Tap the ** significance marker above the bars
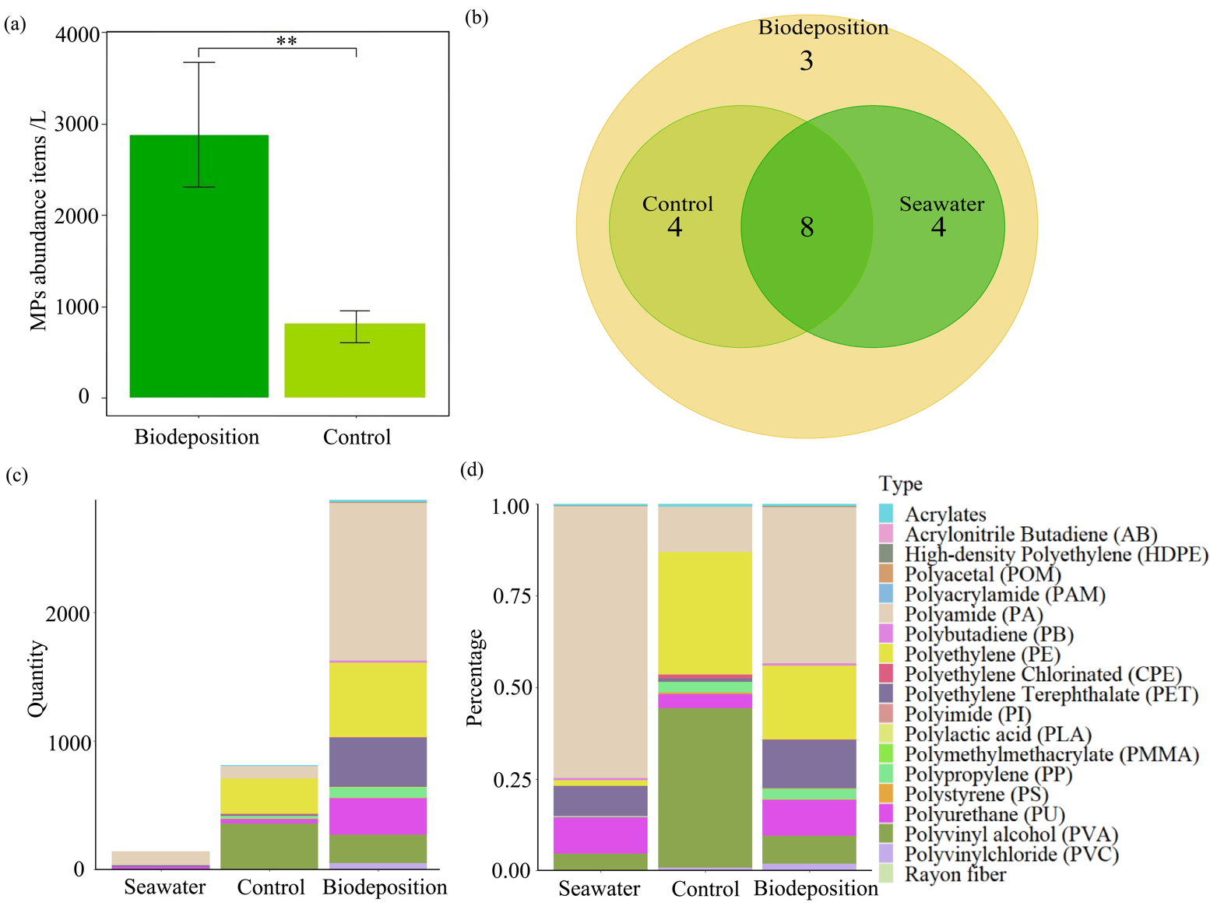(x=287, y=40)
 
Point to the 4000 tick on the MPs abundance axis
(x=78, y=34)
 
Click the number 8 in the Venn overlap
(x=807, y=227)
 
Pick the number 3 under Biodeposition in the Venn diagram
(x=806, y=61)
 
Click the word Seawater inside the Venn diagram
(x=941, y=204)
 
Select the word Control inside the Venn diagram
(x=677, y=204)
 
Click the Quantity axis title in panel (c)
(x=37, y=679)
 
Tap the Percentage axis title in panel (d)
(x=474, y=677)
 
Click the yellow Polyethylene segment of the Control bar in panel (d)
(x=705, y=613)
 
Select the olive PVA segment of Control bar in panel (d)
(x=705, y=786)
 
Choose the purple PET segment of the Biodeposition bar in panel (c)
(x=378, y=762)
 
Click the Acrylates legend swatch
(x=886, y=514)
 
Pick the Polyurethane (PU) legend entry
(x=984, y=814)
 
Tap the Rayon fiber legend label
(x=955, y=874)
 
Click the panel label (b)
(x=476, y=17)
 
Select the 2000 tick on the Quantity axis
(x=69, y=614)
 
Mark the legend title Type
(x=900, y=483)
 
